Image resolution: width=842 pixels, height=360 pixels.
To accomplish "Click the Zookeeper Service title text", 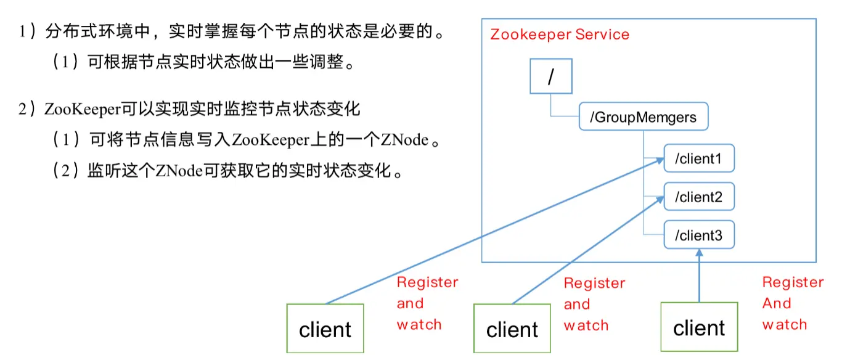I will pos(559,35).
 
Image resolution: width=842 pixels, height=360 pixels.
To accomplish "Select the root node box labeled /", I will pos(551,76).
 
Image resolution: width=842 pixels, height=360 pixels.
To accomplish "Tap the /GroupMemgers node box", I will pos(643,117).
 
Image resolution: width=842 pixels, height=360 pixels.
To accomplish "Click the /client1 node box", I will pos(699,159).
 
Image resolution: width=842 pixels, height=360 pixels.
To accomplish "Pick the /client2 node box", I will pos(699,197).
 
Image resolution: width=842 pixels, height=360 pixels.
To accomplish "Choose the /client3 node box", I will pos(699,235).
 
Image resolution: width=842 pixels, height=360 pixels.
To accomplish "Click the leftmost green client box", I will pos(325,329).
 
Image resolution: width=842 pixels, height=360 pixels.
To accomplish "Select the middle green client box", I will pos(512,329).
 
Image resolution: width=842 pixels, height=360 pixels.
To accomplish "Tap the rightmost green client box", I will pos(698,327).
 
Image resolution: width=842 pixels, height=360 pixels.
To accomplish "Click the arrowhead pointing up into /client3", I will pos(699,253).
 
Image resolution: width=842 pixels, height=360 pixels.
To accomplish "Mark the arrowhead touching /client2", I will pos(660,199).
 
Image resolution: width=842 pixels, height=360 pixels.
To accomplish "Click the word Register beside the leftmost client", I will pos(427,282).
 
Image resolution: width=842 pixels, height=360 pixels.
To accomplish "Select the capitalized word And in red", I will pos(776,303).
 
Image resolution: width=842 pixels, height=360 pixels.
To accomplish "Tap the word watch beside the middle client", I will pos(586,325).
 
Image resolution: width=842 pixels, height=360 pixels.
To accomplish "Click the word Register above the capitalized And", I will pos(793,282).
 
